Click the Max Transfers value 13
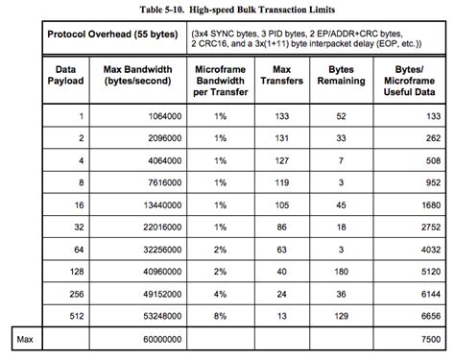(281, 316)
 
